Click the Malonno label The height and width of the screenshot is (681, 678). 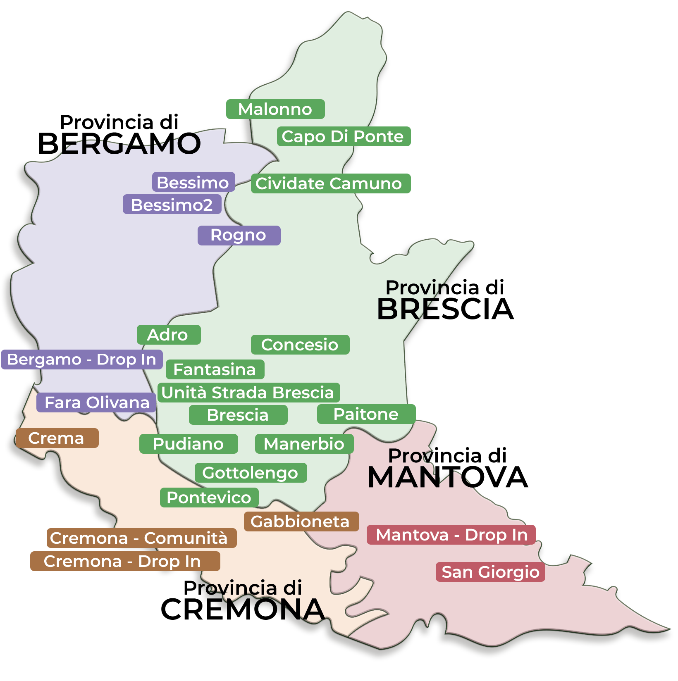coord(275,109)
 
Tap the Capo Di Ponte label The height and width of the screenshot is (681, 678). coord(343,136)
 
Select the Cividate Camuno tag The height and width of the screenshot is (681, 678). coord(330,183)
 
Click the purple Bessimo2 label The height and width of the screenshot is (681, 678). coord(172,205)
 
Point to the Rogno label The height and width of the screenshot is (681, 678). coord(239,235)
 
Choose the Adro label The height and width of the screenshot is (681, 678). coord(169,335)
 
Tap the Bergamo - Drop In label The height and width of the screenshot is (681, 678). coord(82,360)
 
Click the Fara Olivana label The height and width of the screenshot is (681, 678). coord(96,402)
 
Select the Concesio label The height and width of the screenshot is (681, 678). coord(300,345)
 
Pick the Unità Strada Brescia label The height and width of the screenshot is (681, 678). coord(248,393)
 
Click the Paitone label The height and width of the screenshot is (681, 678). coord(366,414)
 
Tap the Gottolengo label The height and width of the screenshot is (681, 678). coord(251,473)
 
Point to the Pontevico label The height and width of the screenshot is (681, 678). coord(209,498)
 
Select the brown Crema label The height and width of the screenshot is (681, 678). coord(57,438)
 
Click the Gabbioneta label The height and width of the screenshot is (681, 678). coord(301,521)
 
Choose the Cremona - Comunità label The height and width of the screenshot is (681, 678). coord(141,538)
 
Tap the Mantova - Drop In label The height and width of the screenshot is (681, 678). coord(451,535)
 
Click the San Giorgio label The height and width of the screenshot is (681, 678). coord(490,572)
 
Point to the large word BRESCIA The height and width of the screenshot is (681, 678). coord(445,309)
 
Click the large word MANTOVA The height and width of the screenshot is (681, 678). coord(447,477)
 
